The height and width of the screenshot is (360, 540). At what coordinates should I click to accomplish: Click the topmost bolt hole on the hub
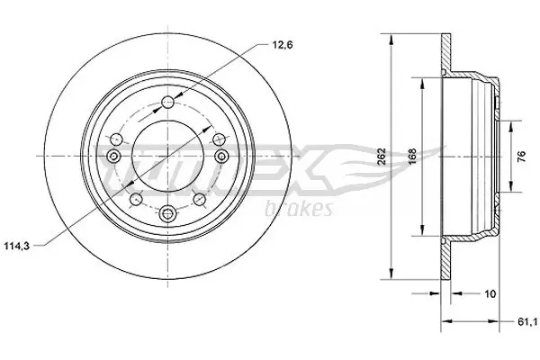tap(168, 101)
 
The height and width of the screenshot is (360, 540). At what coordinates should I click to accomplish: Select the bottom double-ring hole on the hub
tap(168, 214)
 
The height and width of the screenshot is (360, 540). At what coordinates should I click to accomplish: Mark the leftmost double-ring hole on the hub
tap(114, 158)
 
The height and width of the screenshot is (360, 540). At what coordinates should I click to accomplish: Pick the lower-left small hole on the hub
tap(134, 198)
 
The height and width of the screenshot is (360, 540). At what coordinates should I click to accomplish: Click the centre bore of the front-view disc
tap(168, 157)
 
